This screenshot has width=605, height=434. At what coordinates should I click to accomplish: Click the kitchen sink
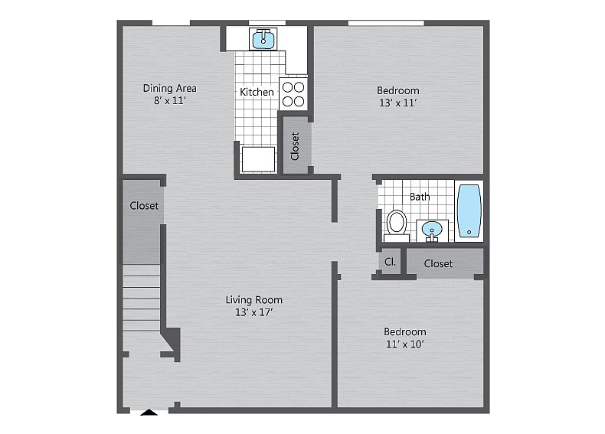point(263,39)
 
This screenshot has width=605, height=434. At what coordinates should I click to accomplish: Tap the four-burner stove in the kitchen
point(293,94)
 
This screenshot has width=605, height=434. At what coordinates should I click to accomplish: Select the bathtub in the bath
point(469,210)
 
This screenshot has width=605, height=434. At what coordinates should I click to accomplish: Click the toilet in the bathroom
point(397,226)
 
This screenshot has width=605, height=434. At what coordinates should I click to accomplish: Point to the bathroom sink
point(432,230)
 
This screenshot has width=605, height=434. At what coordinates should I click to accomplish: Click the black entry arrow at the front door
point(149,412)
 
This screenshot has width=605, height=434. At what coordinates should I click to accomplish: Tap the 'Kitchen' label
point(257,92)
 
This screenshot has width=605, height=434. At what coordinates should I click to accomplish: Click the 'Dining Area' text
point(170,88)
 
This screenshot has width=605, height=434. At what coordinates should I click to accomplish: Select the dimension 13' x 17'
point(254,312)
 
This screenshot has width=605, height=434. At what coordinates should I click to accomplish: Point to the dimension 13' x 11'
point(397,103)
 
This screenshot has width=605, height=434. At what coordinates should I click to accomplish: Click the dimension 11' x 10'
point(405,344)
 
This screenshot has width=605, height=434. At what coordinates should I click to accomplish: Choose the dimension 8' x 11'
point(170,101)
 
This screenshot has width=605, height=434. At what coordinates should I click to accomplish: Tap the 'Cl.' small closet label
point(390,262)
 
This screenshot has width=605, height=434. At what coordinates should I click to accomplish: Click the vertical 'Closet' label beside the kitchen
point(295,146)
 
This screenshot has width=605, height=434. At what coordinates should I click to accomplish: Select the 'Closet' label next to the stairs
point(144,206)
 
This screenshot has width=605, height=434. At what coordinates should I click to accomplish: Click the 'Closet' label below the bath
point(438,263)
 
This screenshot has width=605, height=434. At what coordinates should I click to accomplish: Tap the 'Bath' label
point(420,197)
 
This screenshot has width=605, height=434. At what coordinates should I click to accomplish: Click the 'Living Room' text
point(254,300)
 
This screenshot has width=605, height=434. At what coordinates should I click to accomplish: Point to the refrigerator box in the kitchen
point(258,159)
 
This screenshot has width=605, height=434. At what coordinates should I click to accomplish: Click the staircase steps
point(141,298)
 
